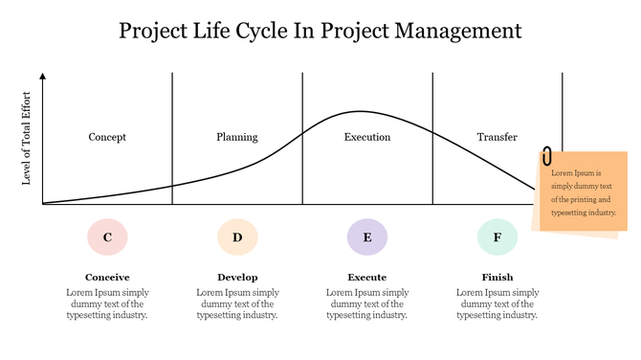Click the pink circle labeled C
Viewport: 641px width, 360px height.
coord(107,236)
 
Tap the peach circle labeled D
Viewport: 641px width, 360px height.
coord(237,236)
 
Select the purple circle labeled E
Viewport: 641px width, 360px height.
coord(367,236)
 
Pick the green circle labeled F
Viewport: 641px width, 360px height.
coord(497,236)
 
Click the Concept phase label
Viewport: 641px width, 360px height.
coord(107,137)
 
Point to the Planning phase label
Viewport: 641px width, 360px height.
coord(237,137)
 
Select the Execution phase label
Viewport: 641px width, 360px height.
coord(367,137)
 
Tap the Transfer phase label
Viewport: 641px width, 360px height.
coord(497,137)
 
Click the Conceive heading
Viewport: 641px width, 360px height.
coord(107,278)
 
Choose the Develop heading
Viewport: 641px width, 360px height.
coord(237,278)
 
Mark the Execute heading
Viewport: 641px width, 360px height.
coord(367,278)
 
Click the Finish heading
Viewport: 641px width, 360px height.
coord(497,278)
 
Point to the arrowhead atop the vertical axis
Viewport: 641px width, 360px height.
coord(43,76)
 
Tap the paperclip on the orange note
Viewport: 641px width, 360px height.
coord(546,156)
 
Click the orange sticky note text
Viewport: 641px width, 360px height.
coord(582,192)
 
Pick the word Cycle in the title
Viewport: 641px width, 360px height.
coord(263,31)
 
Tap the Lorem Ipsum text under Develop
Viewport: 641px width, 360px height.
coord(237,304)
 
